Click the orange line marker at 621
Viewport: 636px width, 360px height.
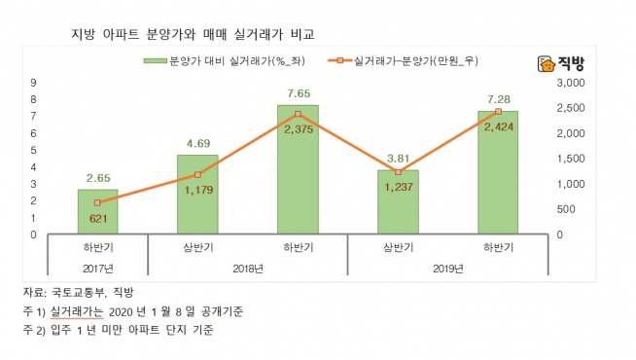tap(97, 203)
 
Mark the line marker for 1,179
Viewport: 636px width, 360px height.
tap(197, 175)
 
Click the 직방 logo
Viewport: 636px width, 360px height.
tap(557, 65)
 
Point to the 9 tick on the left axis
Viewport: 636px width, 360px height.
tap(35, 83)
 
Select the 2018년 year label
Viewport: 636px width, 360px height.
tap(247, 268)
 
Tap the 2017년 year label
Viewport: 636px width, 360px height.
tap(97, 268)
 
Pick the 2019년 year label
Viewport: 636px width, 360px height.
tap(446, 268)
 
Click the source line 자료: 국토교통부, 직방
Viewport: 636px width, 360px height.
tap(80, 293)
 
